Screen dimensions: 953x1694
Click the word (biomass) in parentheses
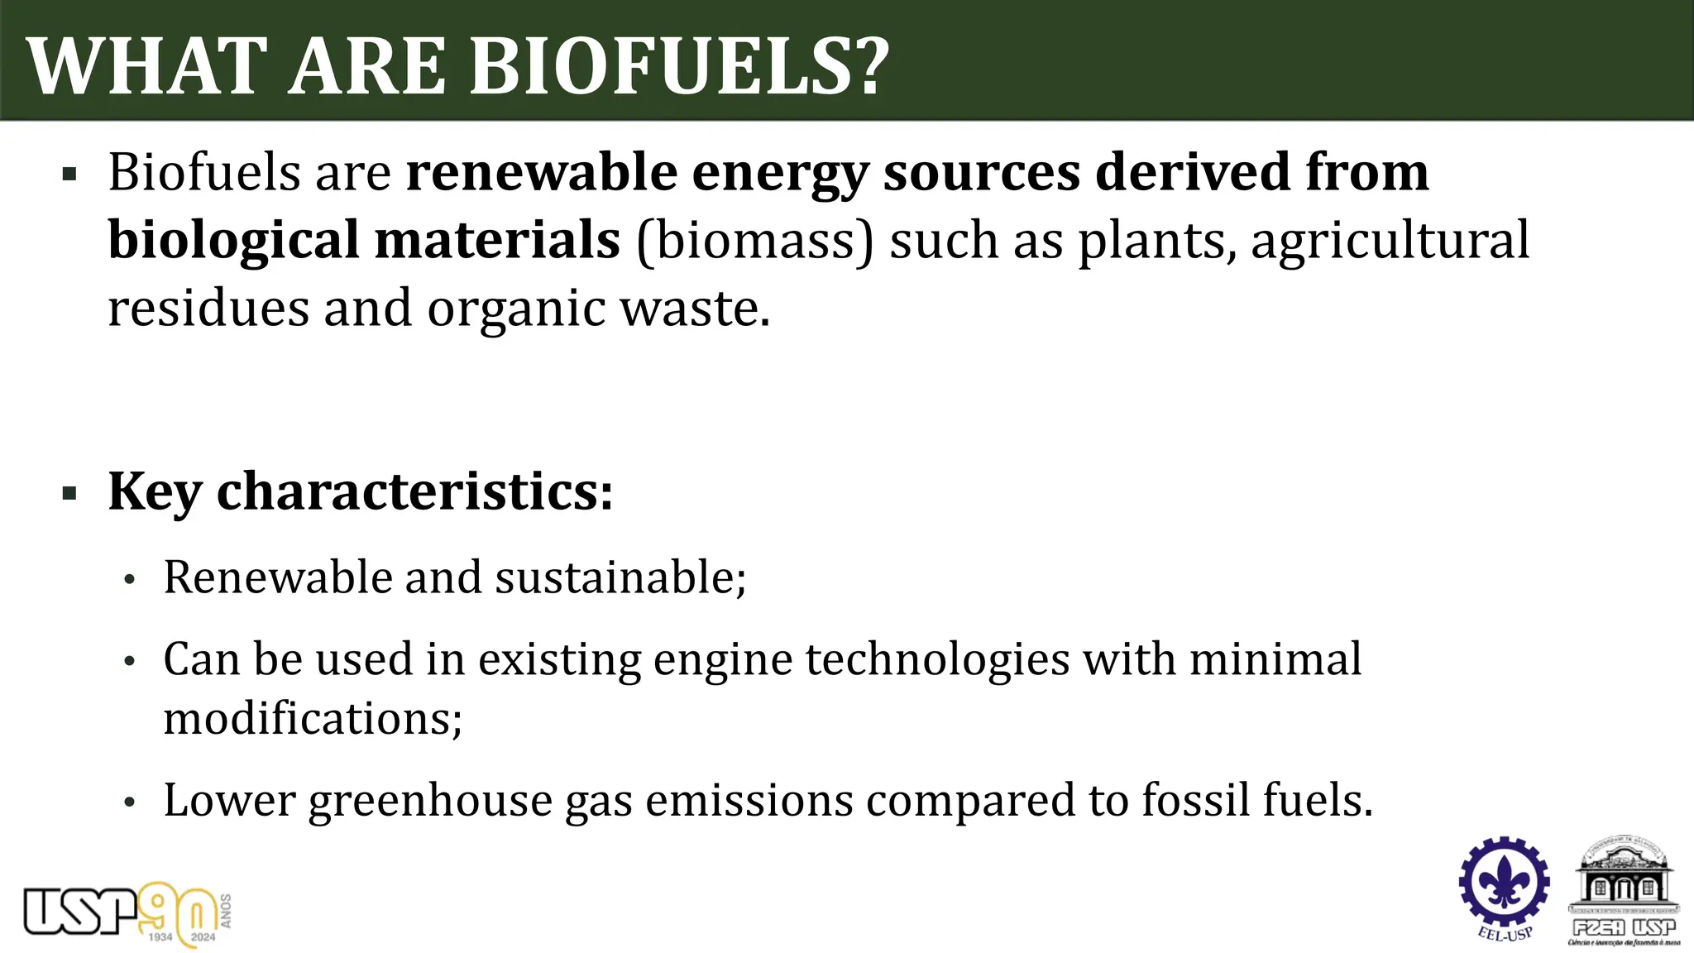point(754,241)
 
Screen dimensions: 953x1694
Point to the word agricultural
point(1390,241)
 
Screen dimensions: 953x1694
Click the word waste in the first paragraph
point(695,309)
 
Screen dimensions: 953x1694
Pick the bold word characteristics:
point(414,491)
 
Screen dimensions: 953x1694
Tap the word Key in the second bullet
point(155,491)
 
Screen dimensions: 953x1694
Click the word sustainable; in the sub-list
point(620,577)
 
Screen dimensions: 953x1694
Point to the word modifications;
point(313,718)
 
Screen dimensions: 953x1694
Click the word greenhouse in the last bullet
point(430,801)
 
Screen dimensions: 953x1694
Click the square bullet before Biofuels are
point(69,175)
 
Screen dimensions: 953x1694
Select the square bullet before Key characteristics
point(69,494)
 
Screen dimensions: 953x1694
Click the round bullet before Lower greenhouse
point(129,802)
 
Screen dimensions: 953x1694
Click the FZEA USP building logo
point(1624,890)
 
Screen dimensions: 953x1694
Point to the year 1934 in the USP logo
point(160,937)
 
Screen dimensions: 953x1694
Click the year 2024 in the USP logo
point(203,937)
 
